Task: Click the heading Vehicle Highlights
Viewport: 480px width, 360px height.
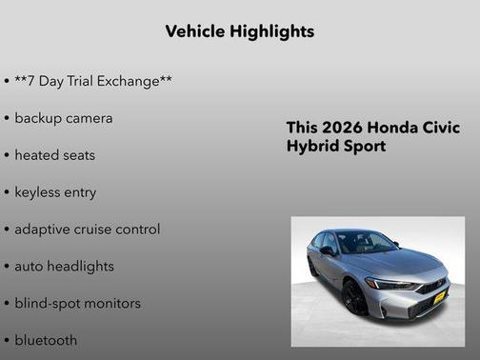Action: [x=239, y=31]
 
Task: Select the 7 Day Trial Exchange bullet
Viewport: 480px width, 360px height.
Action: [x=92, y=81]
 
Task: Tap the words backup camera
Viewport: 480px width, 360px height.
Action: [x=63, y=118]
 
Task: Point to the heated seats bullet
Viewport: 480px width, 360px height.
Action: [x=54, y=155]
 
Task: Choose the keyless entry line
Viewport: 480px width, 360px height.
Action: [x=55, y=192]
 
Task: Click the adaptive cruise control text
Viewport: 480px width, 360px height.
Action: [x=87, y=230]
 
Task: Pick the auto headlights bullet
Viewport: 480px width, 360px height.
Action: [x=64, y=267]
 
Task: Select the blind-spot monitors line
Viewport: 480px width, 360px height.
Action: [x=77, y=304]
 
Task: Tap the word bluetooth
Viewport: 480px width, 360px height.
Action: [x=46, y=340]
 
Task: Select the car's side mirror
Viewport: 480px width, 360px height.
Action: [x=328, y=251]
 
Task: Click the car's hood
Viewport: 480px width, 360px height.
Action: [x=400, y=261]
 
